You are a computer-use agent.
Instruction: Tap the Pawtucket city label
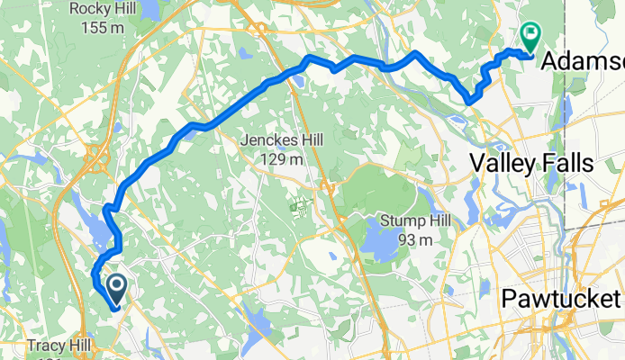point(561,298)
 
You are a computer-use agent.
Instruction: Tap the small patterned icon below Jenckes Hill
point(299,205)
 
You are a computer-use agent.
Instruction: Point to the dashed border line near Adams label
point(565,135)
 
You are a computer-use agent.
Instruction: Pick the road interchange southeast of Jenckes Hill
point(330,188)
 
